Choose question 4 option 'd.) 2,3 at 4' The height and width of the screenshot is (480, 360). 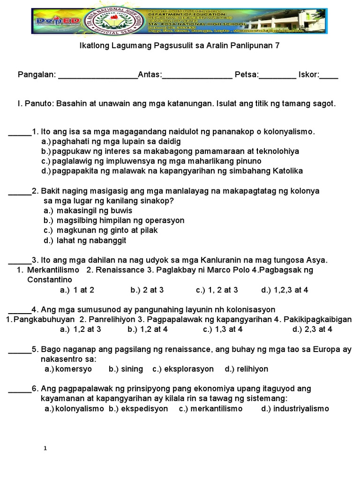pos(312,330)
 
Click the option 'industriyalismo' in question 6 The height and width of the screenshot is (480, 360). pos(301,409)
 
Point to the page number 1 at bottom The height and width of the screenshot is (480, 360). pos(45,449)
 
